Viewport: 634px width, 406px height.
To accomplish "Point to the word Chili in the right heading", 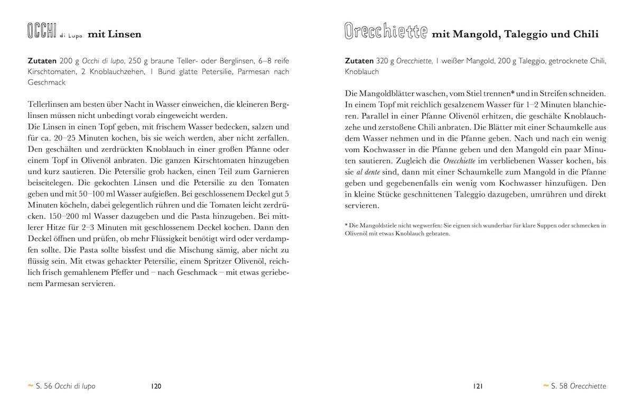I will coord(586,35).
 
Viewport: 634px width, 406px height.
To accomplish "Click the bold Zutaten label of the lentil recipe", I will coord(43,61).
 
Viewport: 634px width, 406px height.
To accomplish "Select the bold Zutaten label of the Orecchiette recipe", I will coord(359,61).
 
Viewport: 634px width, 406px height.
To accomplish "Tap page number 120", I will coord(156,386).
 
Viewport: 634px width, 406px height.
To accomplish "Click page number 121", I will coord(478,386).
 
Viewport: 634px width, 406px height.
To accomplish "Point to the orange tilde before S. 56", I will coord(30,386).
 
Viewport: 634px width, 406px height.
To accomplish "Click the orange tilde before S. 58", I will coord(546,386).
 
